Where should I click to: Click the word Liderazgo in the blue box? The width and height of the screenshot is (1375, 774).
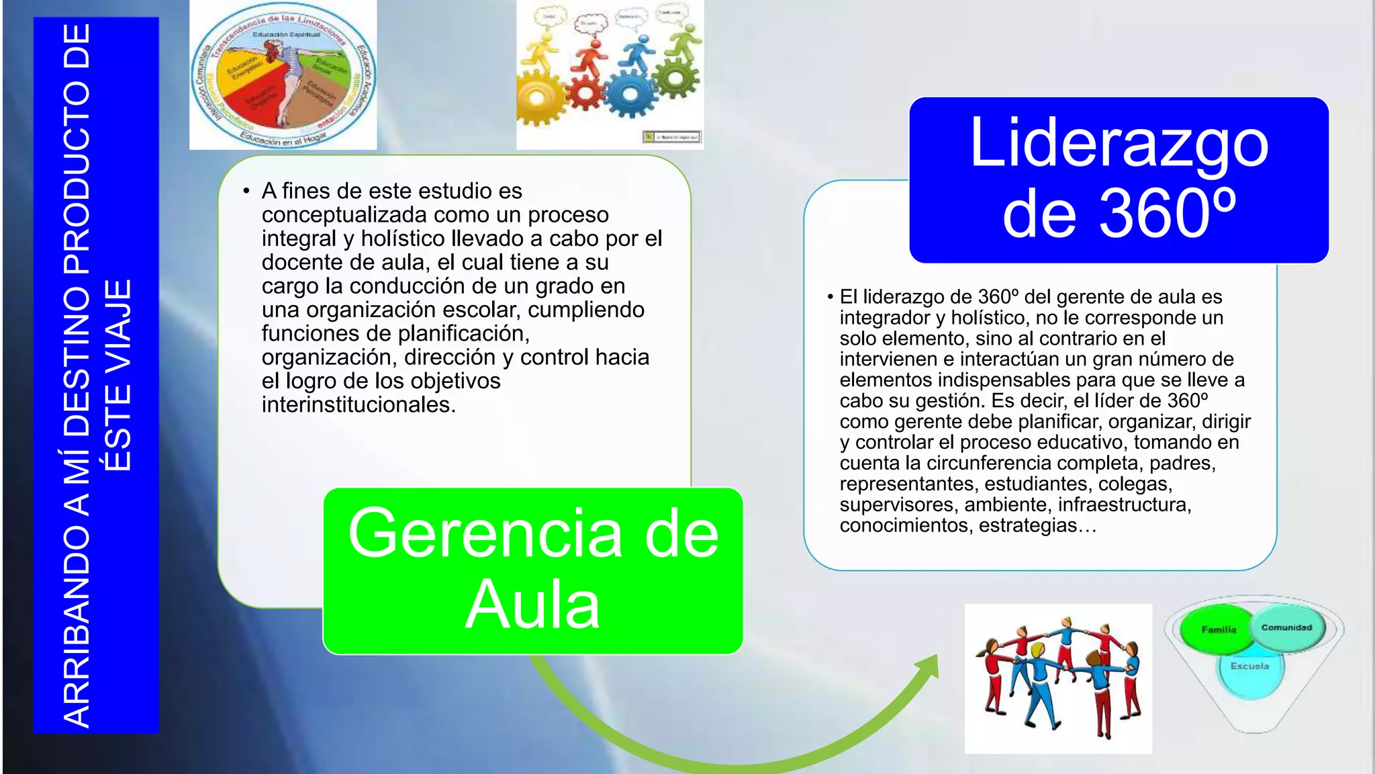pyautogui.click(x=1119, y=144)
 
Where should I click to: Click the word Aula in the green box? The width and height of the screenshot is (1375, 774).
pyautogui.click(x=532, y=605)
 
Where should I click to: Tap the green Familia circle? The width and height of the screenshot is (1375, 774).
pyautogui.click(x=1217, y=630)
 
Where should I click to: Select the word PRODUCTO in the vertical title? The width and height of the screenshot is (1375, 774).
pyautogui.click(x=77, y=176)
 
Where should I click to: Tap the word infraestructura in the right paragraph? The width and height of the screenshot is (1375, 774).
pyautogui.click(x=1123, y=505)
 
